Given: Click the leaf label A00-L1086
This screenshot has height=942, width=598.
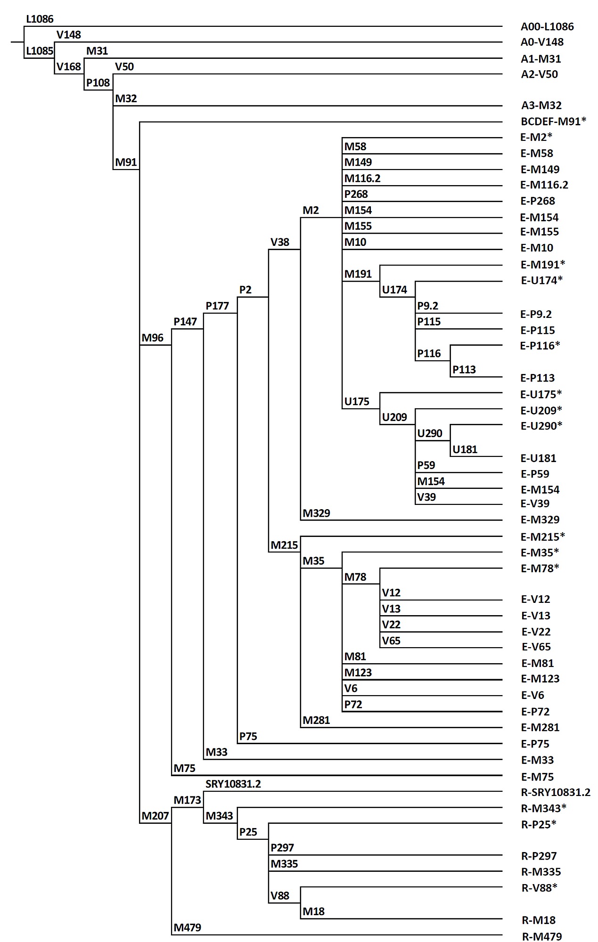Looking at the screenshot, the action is click(547, 27).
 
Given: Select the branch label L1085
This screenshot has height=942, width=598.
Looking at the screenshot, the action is click(40, 51).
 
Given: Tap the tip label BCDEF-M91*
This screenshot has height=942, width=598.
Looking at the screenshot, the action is click(554, 122).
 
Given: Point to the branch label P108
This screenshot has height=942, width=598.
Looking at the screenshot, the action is click(98, 83).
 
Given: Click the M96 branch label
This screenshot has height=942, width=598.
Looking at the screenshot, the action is click(153, 338).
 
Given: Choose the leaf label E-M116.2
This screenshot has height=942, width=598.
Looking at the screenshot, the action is click(544, 185).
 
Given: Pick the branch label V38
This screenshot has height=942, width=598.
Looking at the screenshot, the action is click(280, 242).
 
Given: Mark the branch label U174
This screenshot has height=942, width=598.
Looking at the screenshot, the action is click(394, 290).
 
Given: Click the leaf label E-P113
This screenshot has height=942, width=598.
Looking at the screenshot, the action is click(538, 378).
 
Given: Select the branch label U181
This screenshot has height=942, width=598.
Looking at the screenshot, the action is click(465, 449).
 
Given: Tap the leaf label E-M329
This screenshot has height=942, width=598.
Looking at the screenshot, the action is click(540, 520).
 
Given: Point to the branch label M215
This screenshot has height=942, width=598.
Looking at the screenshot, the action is click(284, 545).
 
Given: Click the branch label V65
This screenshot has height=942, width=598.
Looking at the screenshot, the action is click(391, 641).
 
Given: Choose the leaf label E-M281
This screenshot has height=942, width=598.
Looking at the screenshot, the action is click(540, 727).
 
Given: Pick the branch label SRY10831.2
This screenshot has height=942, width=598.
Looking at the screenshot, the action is click(233, 784).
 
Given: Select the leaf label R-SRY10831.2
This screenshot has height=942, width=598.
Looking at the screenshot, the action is click(556, 792).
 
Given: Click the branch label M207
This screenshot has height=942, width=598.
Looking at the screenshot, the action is click(156, 816).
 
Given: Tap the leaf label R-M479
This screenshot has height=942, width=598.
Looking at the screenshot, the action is click(542, 936).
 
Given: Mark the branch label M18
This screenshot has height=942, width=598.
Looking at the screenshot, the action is click(314, 911).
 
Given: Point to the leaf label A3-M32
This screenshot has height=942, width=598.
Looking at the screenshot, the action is click(541, 106).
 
